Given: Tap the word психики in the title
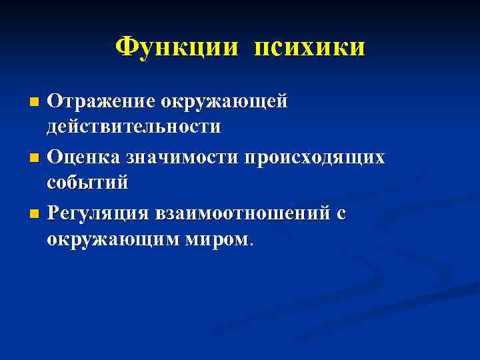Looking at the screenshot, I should (309, 48).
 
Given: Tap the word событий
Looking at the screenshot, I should (87, 182).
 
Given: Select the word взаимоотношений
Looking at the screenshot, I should (243, 213).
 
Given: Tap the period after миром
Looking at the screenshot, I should (251, 244).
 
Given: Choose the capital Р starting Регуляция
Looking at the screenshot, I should (54, 213).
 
